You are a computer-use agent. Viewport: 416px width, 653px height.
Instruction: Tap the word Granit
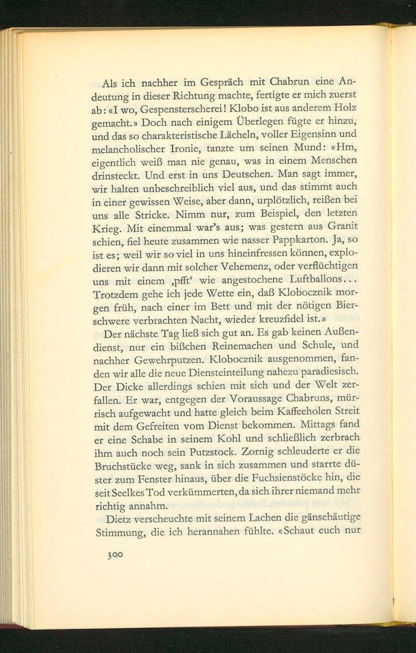point(344,226)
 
